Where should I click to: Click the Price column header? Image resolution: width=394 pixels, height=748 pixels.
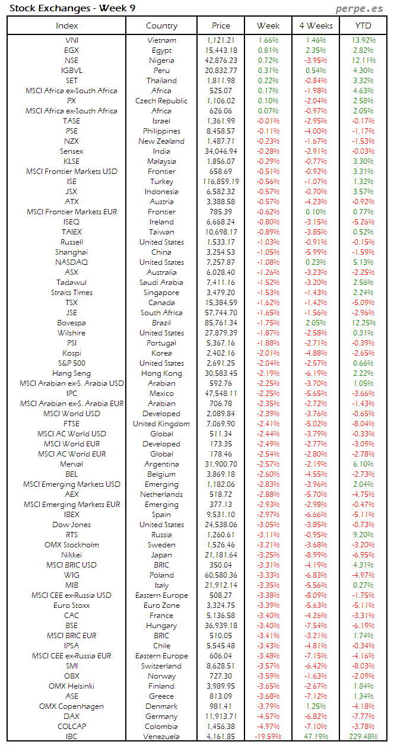tap(221, 26)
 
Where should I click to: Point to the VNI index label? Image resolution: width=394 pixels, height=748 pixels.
tap(72, 40)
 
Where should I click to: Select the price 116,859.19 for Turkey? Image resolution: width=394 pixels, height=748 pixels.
tap(221, 182)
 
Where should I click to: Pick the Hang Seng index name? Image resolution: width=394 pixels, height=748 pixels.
tap(72, 373)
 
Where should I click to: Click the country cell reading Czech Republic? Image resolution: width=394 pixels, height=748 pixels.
tap(161, 101)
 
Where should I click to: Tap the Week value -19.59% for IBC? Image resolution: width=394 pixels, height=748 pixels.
tap(268, 737)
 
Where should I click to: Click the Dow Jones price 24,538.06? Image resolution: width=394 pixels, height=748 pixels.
tap(221, 525)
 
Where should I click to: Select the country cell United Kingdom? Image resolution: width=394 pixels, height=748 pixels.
tap(161, 424)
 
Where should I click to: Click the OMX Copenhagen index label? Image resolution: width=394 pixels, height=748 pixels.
tap(72, 706)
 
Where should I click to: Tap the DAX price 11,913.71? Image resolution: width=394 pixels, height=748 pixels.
tap(221, 717)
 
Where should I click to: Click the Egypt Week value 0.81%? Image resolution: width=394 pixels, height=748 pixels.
tap(268, 50)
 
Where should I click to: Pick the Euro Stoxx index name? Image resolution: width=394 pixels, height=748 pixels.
tap(72, 606)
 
